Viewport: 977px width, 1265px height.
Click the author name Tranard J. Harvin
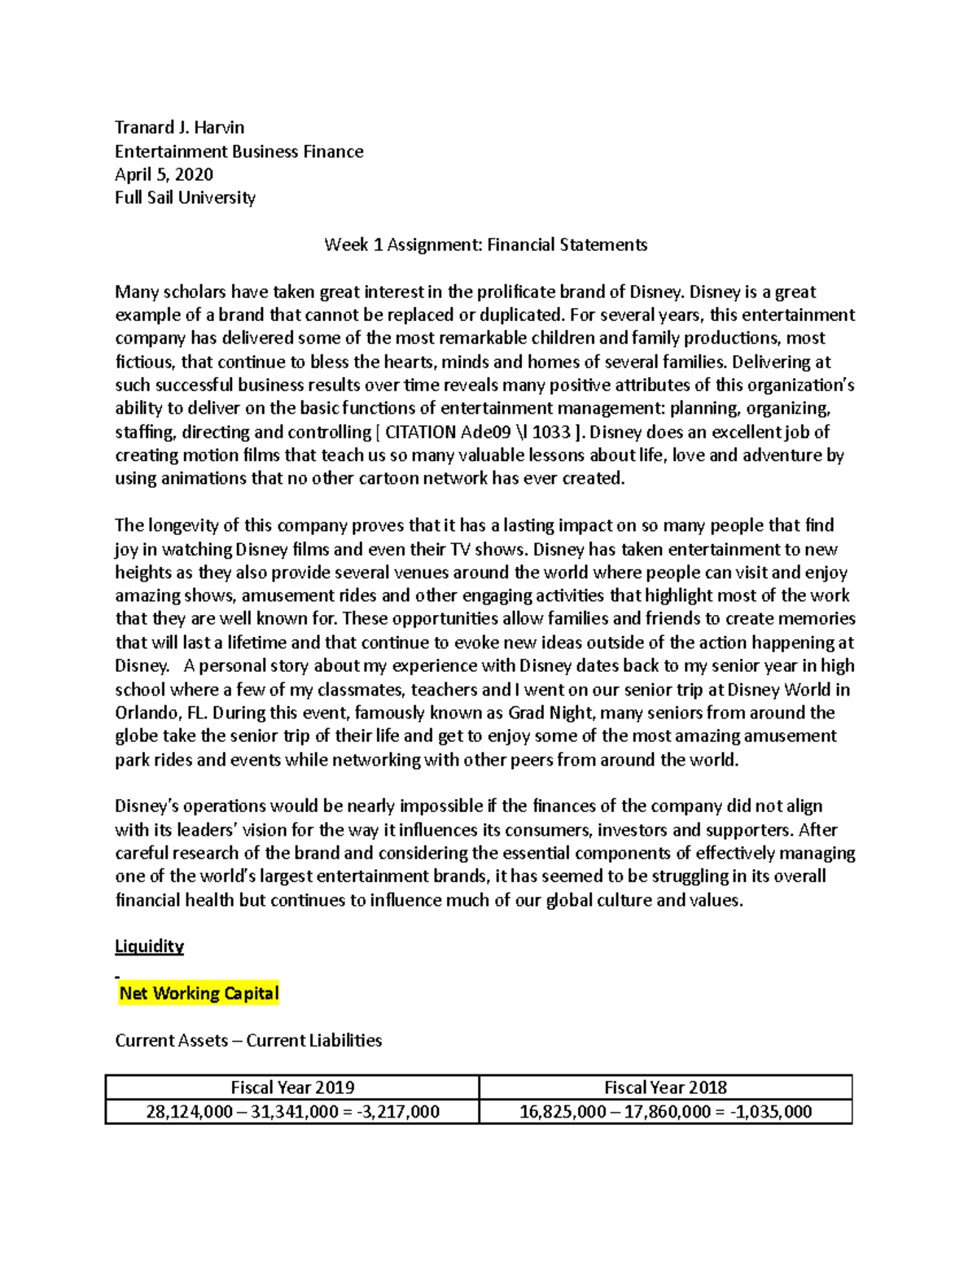(179, 127)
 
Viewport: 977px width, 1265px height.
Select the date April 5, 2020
(164, 174)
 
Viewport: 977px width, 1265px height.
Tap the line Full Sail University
(185, 198)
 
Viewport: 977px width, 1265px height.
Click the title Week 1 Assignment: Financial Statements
(485, 244)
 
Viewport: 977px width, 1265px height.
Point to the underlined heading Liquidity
(149, 947)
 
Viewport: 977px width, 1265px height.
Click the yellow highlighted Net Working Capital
(199, 993)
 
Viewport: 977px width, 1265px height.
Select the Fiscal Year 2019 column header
(292, 1087)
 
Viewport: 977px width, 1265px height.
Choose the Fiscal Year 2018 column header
(665, 1087)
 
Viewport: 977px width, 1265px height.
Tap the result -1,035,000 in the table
(771, 1112)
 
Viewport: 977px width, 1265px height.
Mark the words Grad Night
(550, 713)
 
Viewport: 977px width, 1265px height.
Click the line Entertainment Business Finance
(239, 152)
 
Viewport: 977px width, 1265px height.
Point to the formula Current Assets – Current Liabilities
(248, 1040)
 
